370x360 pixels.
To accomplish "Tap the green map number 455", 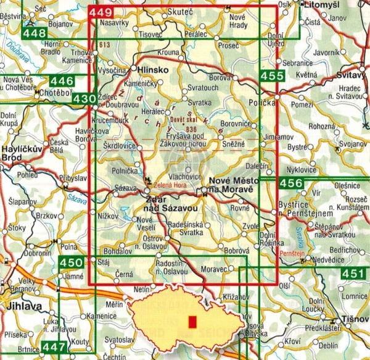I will tap(272, 76).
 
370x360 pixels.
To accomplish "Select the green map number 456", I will tap(290, 183).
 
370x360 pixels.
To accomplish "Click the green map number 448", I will tap(36, 32).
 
